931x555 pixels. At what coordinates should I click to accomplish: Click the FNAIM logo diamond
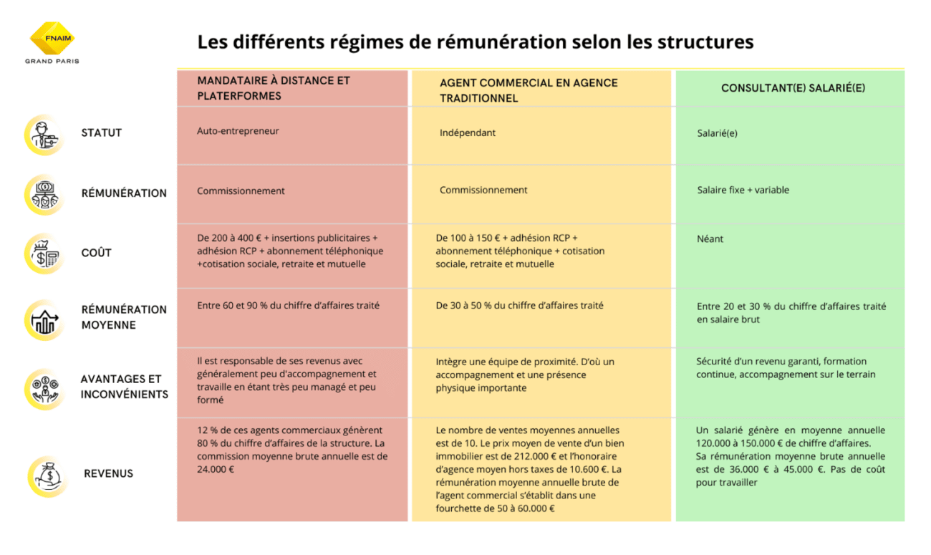pos(52,38)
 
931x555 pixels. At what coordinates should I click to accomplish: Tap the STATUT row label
pos(102,132)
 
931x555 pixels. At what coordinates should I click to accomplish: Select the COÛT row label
pos(97,252)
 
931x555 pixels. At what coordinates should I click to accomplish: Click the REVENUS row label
pos(108,473)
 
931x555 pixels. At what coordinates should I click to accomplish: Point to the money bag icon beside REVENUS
pos(48,476)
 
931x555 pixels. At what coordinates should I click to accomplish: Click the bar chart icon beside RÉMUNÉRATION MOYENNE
pos(45,320)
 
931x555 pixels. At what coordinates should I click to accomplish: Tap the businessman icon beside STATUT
pos(45,135)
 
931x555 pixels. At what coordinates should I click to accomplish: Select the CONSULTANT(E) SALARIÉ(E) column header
pos(793,88)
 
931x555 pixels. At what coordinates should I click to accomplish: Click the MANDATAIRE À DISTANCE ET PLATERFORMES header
pos(274,88)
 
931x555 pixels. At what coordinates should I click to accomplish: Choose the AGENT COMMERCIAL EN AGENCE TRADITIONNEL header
pos(529,91)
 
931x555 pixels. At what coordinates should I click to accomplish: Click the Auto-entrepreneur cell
pos(238,131)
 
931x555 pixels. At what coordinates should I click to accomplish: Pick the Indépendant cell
pos(468,132)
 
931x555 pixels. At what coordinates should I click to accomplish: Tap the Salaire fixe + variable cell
pos(743,190)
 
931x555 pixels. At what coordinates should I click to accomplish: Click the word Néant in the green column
pos(710,238)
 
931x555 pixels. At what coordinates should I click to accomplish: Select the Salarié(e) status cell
pos(717,133)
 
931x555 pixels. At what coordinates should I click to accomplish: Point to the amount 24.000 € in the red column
pos(216,469)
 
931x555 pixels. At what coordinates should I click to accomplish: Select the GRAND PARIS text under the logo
pos(52,61)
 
